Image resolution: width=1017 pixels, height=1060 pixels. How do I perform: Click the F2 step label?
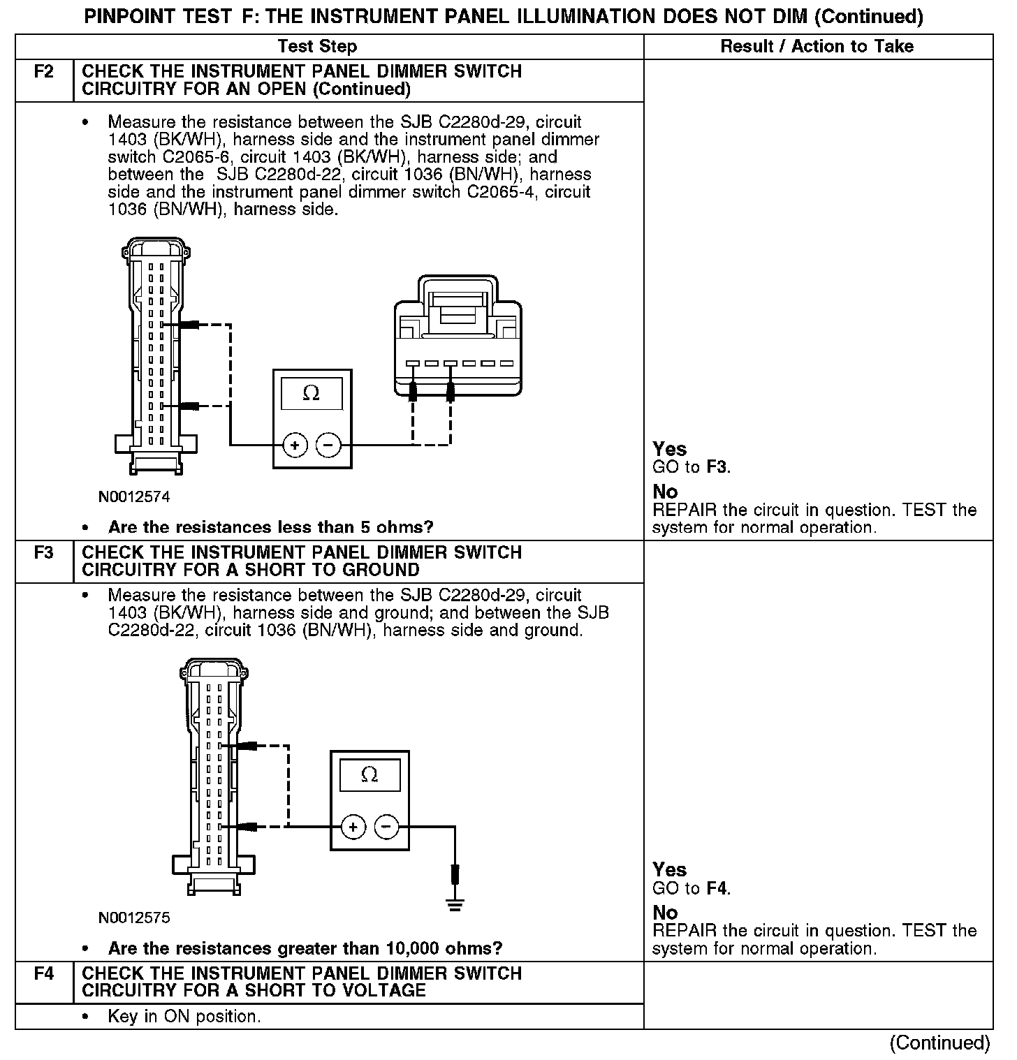(43, 72)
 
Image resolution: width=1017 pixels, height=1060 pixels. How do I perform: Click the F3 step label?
(43, 553)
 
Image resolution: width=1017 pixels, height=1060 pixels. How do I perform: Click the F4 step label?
(43, 973)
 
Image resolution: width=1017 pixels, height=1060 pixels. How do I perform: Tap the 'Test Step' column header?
(317, 47)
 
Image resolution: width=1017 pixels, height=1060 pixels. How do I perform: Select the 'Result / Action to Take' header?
(817, 47)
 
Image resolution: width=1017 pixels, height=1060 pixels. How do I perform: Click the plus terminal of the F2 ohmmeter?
(295, 445)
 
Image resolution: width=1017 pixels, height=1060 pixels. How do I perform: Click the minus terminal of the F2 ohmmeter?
(328, 445)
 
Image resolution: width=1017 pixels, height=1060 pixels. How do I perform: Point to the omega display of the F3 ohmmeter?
(370, 775)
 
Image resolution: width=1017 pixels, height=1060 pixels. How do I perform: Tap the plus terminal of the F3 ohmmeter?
(353, 827)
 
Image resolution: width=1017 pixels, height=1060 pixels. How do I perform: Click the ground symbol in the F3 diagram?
(455, 905)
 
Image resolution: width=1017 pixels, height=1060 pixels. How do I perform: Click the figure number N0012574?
(134, 497)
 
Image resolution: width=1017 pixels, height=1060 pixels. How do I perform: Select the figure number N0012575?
(134, 918)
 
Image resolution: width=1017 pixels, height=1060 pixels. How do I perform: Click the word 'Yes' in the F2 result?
(670, 449)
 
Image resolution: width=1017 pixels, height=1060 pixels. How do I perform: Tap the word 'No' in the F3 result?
(665, 913)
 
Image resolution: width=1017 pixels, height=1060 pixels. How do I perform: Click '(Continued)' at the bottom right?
(939, 1043)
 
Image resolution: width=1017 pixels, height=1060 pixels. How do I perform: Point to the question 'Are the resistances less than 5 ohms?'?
(270, 527)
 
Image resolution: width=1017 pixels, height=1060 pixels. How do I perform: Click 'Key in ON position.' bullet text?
(184, 1016)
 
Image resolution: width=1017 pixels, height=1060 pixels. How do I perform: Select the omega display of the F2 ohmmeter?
(312, 394)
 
